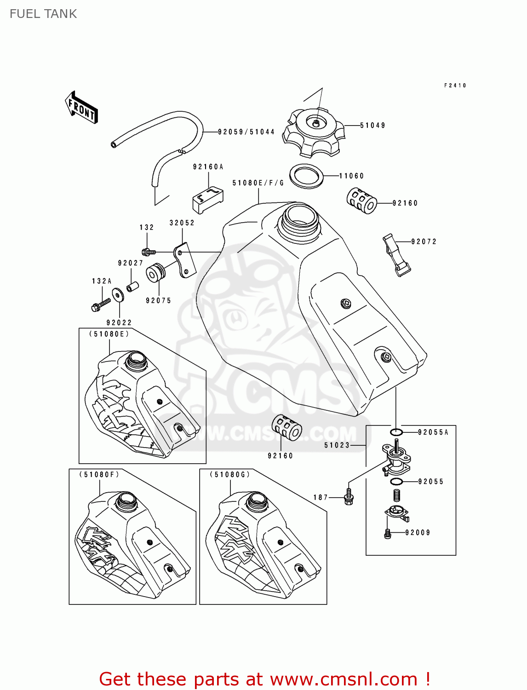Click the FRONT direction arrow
click(x=81, y=107)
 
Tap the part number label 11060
click(x=351, y=176)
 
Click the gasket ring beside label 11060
click(x=306, y=176)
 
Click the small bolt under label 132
click(x=149, y=252)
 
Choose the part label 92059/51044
click(x=246, y=132)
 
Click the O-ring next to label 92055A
click(x=396, y=432)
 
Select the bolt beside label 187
click(x=349, y=497)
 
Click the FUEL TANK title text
click(x=43, y=14)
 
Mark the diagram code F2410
click(x=455, y=86)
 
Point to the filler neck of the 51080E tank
click(x=136, y=360)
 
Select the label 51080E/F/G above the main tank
click(x=258, y=183)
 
